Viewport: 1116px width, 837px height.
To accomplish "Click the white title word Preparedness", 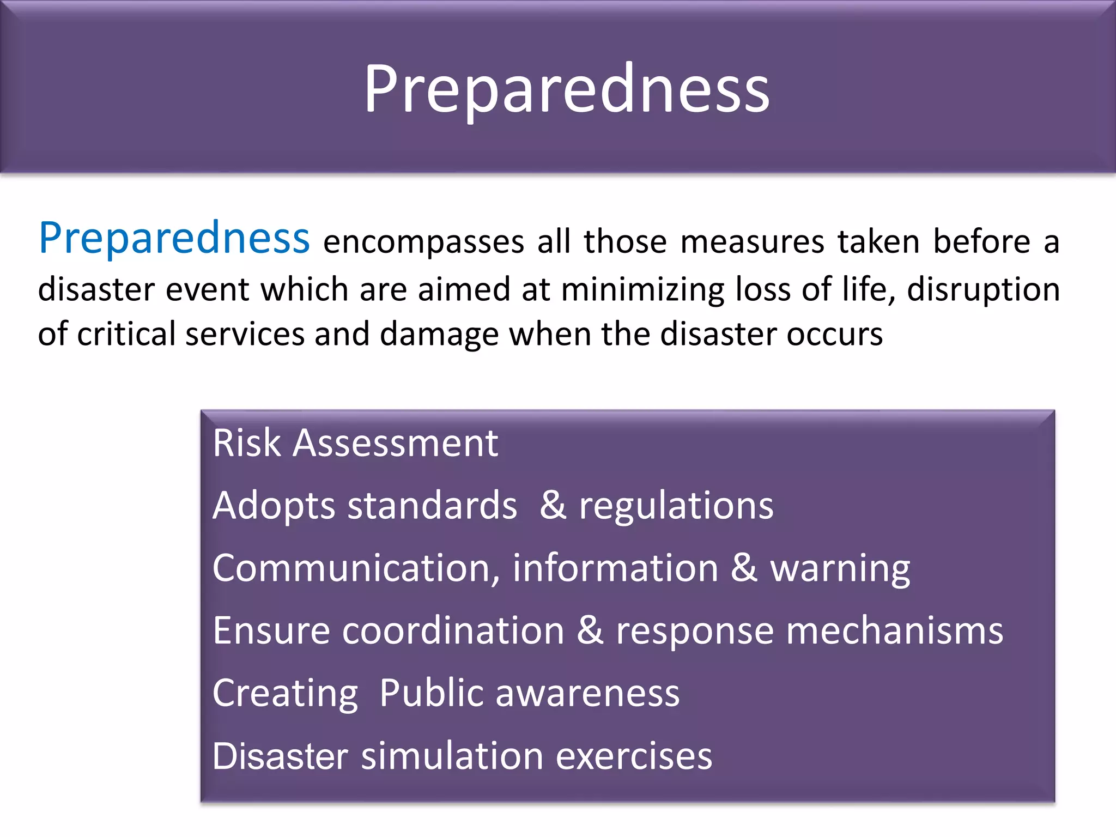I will [567, 90].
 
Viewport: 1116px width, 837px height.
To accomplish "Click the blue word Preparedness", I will [174, 239].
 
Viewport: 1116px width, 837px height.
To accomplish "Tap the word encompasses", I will [424, 242].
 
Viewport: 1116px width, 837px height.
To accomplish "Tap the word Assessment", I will [395, 442].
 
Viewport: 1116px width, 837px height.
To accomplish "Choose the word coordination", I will [453, 631].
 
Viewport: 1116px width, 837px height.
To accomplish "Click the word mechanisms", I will [894, 631].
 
